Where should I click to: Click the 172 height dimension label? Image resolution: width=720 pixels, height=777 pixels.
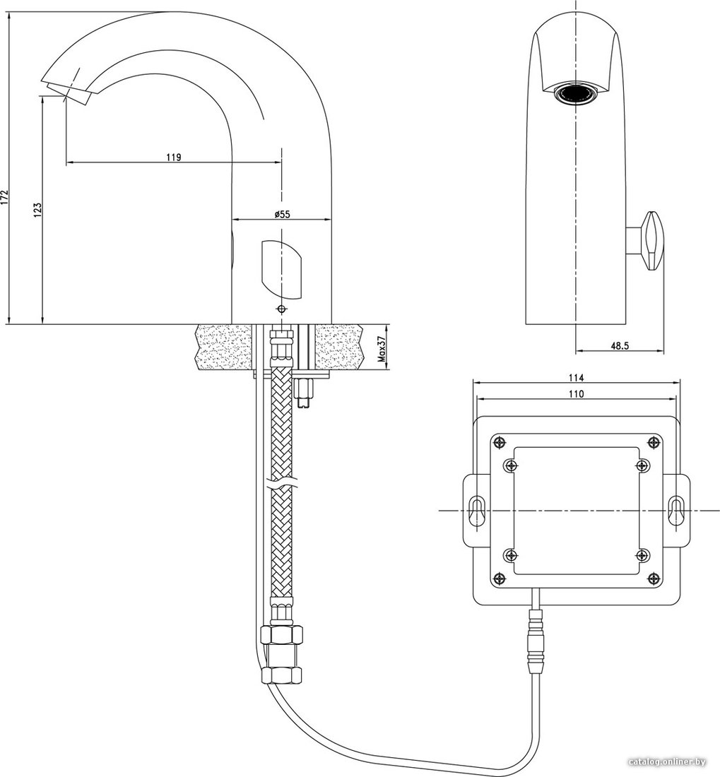(5, 197)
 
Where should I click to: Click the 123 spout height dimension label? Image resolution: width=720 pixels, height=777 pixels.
(37, 210)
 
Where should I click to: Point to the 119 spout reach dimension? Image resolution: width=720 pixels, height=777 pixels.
(173, 158)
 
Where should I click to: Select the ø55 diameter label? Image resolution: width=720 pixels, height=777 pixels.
(281, 214)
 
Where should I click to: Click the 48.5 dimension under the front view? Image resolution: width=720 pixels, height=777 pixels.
(620, 346)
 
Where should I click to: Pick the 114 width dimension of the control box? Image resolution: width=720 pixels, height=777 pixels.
(576, 378)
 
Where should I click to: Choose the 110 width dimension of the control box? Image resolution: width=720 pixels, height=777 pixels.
(576, 394)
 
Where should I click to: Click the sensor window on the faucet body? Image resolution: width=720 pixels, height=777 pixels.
(280, 270)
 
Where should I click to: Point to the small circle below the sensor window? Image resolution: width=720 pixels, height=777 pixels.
(282, 309)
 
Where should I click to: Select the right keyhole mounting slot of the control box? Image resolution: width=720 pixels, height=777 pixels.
(676, 510)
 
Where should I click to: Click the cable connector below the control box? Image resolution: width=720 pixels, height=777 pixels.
(537, 641)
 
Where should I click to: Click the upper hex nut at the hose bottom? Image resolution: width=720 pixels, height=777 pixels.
(281, 634)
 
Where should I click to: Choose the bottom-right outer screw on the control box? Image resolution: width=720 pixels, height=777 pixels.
(655, 578)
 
